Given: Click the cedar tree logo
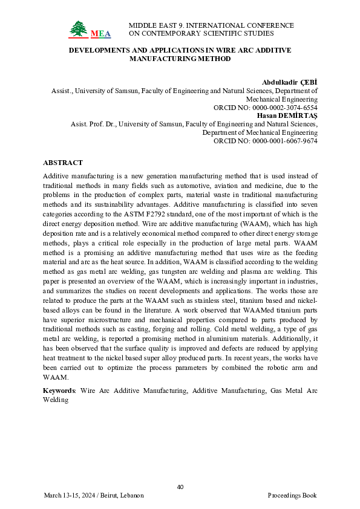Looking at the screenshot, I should tap(78, 28).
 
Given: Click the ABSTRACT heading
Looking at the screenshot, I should tap(63, 163).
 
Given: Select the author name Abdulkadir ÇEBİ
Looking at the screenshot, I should tap(290, 82).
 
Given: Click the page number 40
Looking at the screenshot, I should tap(180, 487).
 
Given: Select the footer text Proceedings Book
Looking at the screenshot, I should tap(292, 496).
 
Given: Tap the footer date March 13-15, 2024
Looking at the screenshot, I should tap(70, 496).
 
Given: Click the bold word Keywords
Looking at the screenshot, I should tap(58, 391).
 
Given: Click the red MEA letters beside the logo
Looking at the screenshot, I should tap(100, 33).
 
